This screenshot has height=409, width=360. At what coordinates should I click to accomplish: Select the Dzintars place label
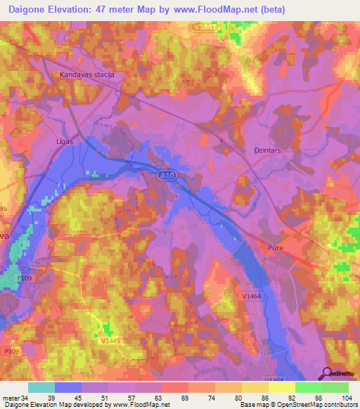point(266,149)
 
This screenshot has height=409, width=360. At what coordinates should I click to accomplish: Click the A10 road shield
point(164,176)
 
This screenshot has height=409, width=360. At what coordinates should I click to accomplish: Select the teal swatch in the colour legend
point(41,387)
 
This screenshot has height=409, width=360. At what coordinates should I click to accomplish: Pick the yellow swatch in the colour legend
point(281,387)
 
